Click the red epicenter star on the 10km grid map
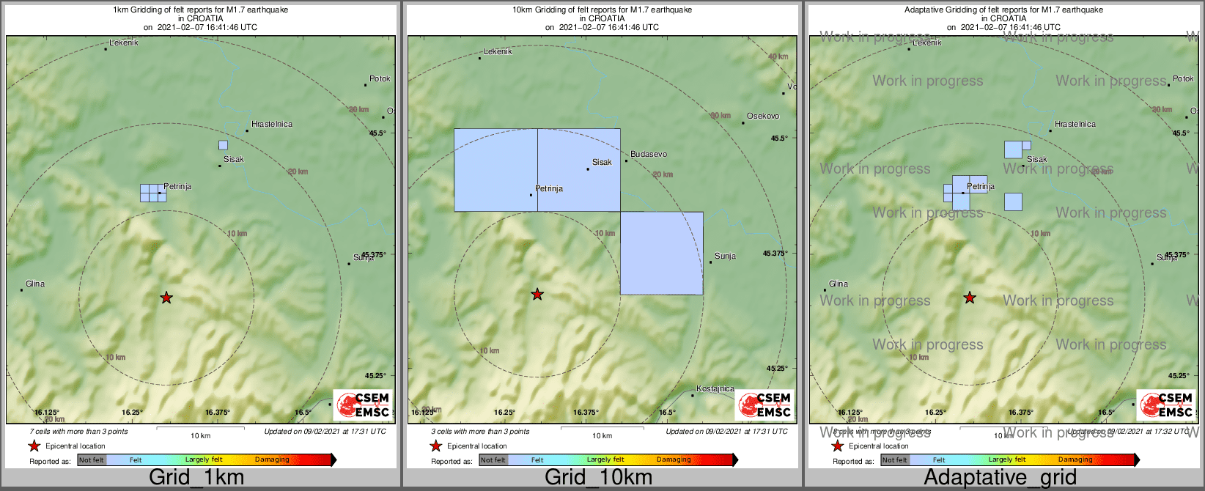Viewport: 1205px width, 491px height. click(x=537, y=295)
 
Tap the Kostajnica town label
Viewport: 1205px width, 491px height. click(x=715, y=388)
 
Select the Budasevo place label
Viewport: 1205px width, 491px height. click(x=649, y=155)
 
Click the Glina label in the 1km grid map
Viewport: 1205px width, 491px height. click(x=35, y=284)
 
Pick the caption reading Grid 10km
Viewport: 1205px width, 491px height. click(x=598, y=478)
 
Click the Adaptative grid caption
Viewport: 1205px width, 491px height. click(x=1000, y=478)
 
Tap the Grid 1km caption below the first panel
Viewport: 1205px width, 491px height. click(x=196, y=478)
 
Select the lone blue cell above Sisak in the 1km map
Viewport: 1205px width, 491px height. click(x=223, y=145)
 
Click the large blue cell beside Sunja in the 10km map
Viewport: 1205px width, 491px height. click(x=662, y=254)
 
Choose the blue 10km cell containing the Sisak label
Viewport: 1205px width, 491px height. click(x=579, y=170)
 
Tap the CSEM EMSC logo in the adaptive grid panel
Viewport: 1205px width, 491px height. click(x=1165, y=405)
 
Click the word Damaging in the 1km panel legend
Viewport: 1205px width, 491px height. click(x=272, y=460)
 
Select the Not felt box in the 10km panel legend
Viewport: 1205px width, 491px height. click(x=493, y=460)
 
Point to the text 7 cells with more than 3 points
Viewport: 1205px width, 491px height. click(x=78, y=432)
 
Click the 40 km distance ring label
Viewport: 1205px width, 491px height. click(x=778, y=57)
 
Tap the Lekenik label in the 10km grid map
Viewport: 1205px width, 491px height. click(x=498, y=52)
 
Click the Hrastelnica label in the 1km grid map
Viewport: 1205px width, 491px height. click(x=272, y=125)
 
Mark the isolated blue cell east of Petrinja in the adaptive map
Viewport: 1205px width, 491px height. click(x=1013, y=202)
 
